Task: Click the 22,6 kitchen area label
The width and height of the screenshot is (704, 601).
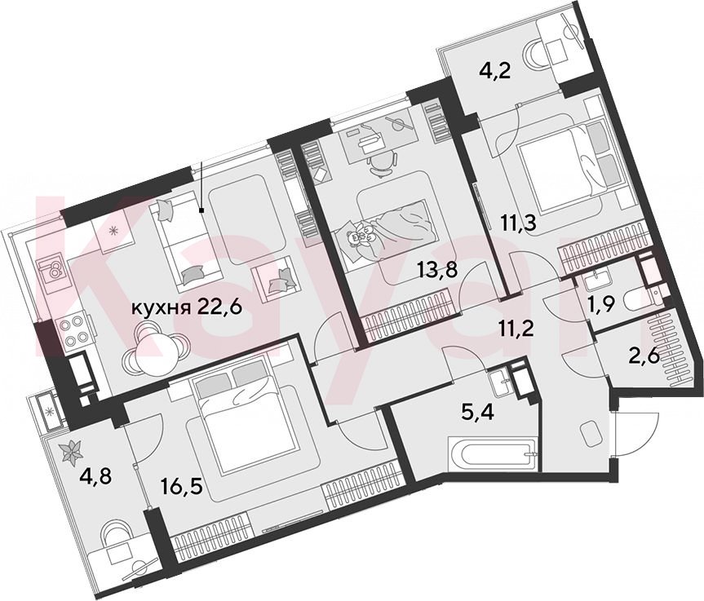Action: click(220, 308)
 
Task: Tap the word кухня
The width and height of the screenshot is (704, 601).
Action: click(161, 308)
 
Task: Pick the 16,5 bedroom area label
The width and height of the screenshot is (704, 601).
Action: click(180, 485)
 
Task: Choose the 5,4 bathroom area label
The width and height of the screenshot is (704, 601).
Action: click(478, 410)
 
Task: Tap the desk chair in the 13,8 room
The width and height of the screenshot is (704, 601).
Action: click(381, 163)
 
